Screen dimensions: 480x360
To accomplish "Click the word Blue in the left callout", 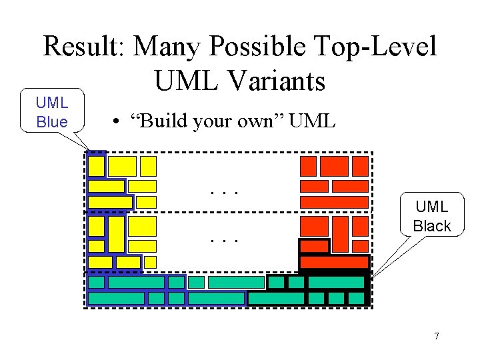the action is tap(52, 122).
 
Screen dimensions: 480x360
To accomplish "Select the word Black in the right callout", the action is tap(432, 226).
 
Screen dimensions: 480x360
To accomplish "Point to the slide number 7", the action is tap(437, 336).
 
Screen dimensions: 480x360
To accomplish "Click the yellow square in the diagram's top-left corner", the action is tap(97, 166).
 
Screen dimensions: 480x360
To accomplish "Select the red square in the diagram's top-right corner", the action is tap(360, 165).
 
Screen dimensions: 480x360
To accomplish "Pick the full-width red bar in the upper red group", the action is tap(334, 201).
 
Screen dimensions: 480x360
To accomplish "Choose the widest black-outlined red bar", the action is tap(334, 263).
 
